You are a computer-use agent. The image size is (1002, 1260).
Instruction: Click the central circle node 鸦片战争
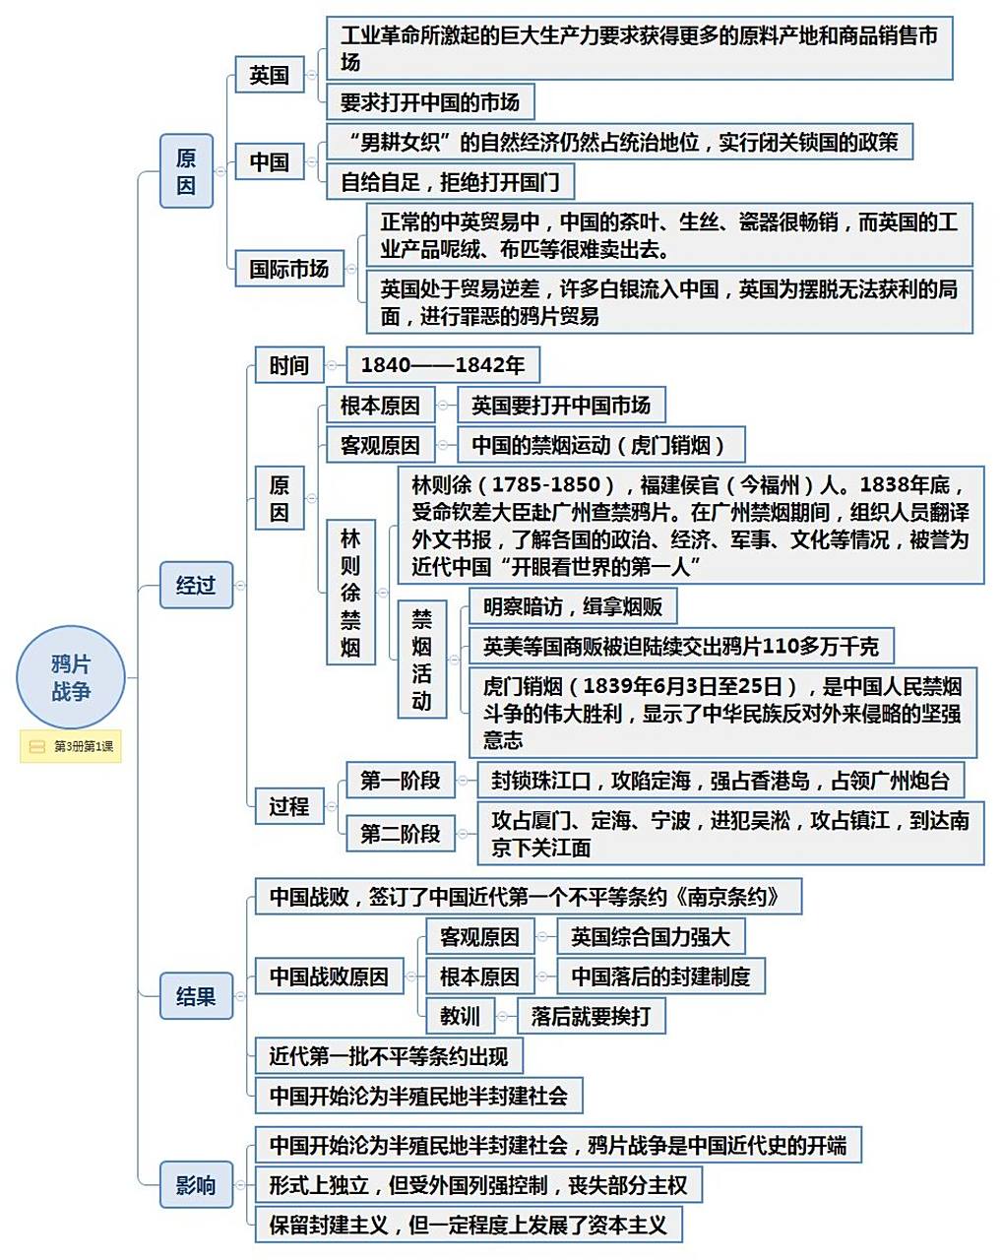(x=70, y=678)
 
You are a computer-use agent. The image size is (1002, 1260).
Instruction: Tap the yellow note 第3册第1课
(x=71, y=746)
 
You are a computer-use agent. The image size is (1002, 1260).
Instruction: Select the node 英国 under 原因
(x=269, y=75)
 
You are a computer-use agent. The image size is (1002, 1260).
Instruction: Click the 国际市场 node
(x=288, y=268)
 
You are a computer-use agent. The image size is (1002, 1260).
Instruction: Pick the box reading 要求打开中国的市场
(x=429, y=101)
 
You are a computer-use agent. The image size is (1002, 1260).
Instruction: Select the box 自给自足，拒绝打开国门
(x=449, y=181)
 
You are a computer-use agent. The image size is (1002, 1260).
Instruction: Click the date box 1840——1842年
(x=442, y=365)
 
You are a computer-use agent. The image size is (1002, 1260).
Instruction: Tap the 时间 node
(x=288, y=365)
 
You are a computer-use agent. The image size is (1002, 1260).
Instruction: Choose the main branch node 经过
(x=195, y=585)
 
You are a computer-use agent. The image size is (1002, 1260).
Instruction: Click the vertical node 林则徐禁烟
(x=350, y=592)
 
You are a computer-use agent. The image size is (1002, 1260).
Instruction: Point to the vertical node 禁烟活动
(x=421, y=659)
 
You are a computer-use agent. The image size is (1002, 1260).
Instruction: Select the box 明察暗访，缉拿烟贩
(x=572, y=606)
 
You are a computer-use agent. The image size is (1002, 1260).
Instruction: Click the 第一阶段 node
(x=400, y=781)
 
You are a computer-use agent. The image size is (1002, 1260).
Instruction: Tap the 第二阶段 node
(x=400, y=833)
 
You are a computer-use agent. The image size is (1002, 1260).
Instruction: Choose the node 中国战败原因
(x=329, y=976)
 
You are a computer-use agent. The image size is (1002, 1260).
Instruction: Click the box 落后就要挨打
(x=591, y=1015)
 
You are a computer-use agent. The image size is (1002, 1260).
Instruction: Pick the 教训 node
(x=460, y=1015)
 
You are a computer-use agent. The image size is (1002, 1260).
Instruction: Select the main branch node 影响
(x=195, y=1184)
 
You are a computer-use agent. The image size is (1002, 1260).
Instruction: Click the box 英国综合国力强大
(x=650, y=937)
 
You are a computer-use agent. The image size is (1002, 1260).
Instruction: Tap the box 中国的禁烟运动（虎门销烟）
(x=600, y=445)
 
